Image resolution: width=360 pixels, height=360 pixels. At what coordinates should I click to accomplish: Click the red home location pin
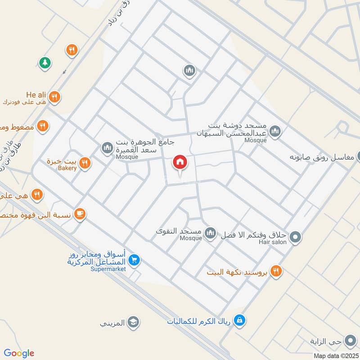click(x=180, y=162)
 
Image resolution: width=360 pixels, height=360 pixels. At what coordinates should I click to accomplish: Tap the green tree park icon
click(x=45, y=63)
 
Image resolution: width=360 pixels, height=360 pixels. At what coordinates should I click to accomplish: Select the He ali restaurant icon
click(x=54, y=97)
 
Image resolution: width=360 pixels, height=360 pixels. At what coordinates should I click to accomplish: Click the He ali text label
click(x=36, y=94)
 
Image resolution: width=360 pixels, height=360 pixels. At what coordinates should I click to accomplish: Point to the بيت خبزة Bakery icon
click(x=84, y=163)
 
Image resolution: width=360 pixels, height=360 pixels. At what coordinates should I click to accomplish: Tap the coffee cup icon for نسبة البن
click(x=80, y=214)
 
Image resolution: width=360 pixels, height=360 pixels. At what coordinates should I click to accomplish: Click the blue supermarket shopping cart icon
click(x=134, y=260)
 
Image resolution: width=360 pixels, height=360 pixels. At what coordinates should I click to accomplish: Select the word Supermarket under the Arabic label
click(x=108, y=269)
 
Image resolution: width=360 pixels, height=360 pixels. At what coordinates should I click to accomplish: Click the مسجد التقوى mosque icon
click(x=210, y=233)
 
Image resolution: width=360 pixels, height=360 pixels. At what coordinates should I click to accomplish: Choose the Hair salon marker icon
click(x=295, y=236)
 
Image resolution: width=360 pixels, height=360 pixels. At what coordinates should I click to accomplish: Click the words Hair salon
click(x=270, y=242)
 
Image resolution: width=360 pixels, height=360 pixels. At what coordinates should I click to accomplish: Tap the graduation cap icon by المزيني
click(x=133, y=322)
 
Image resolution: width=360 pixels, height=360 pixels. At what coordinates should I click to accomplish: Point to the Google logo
click(x=19, y=353)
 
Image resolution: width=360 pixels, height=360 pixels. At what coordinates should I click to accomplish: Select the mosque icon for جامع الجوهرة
click(x=107, y=148)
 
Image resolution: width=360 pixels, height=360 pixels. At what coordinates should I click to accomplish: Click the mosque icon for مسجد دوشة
click(x=276, y=132)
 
